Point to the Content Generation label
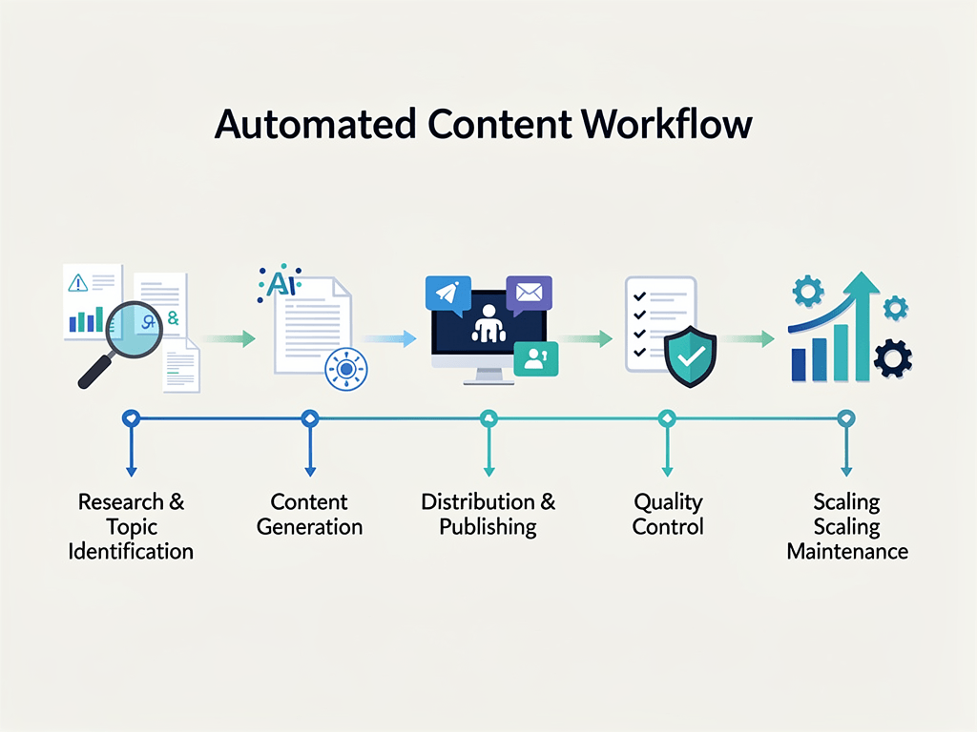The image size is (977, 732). coord(309,515)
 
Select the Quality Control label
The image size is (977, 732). coord(668,515)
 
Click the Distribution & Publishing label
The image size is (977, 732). coord(488,515)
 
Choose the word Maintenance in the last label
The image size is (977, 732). coord(846,552)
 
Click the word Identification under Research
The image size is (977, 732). coord(131,552)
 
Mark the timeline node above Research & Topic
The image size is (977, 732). coord(131,417)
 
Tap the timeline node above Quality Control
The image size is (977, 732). coord(667,417)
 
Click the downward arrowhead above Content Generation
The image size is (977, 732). coord(309,469)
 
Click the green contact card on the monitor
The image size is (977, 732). coord(535,357)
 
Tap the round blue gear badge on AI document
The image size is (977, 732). coord(345,368)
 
